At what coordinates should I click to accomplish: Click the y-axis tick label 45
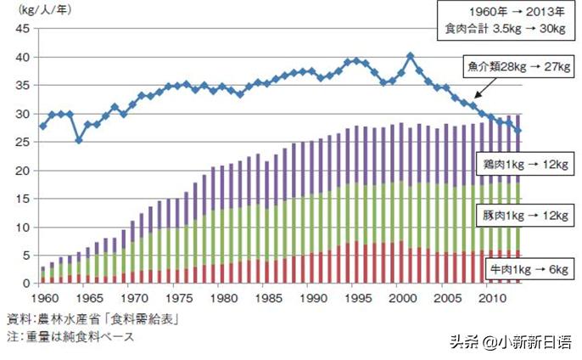click(24, 29)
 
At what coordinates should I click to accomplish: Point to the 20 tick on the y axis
click(24, 171)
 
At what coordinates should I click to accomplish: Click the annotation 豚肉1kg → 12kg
click(520, 216)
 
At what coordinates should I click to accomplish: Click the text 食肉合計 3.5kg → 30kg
click(506, 29)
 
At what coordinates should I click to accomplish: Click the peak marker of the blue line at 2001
click(411, 56)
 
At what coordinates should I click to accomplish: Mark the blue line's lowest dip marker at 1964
click(79, 140)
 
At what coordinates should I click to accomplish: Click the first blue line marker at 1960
click(43, 126)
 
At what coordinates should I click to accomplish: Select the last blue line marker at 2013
click(519, 131)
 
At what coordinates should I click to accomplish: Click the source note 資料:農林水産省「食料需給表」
click(98, 319)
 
